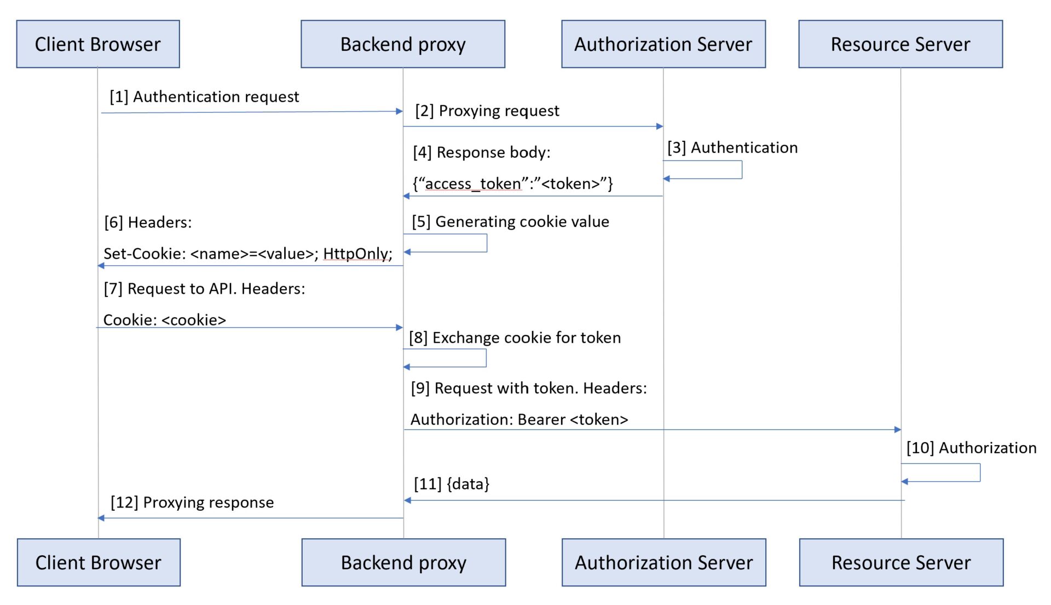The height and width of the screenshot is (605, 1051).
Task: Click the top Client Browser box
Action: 98,44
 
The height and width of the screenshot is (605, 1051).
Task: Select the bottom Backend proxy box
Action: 403,562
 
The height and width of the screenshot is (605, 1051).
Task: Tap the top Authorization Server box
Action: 663,44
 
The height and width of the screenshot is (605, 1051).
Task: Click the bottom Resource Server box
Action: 901,562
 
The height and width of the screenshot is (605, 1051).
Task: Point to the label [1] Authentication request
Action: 204,97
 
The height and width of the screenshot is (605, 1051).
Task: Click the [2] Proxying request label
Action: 487,111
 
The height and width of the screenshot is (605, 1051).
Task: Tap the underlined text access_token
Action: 473,184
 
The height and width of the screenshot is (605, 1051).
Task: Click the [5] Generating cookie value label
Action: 510,222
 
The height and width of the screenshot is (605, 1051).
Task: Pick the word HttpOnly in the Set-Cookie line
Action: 357,254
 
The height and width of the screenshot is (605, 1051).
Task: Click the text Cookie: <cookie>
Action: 164,320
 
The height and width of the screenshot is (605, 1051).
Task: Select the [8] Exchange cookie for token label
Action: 515,338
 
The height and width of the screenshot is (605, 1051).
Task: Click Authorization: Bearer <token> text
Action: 519,420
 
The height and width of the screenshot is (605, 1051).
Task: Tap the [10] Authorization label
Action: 971,448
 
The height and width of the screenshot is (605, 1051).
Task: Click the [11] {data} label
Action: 452,484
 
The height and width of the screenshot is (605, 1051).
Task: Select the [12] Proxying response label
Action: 192,503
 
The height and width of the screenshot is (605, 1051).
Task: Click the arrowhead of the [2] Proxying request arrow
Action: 660,127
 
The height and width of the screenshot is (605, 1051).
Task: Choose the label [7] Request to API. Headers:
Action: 204,289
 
